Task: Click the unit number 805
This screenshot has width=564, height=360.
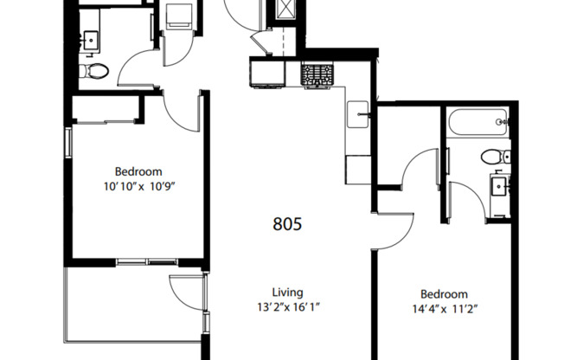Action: pos(287,225)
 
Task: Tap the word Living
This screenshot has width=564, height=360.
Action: pos(287,292)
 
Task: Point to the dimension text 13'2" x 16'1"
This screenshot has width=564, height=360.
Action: pos(287,307)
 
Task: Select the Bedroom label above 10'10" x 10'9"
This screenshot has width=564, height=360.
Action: pos(138,171)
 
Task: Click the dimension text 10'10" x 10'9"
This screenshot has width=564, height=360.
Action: pos(138,186)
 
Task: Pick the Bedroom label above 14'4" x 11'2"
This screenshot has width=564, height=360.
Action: pos(444,294)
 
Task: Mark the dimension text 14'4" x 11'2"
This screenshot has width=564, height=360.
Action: pos(444,309)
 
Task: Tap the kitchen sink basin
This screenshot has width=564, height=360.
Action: pos(358,112)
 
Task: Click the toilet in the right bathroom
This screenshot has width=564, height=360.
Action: pos(494,157)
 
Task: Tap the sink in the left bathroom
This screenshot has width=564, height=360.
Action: pos(89,39)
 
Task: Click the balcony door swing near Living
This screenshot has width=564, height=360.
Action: pos(186,292)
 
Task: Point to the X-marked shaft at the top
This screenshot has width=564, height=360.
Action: pos(285,11)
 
